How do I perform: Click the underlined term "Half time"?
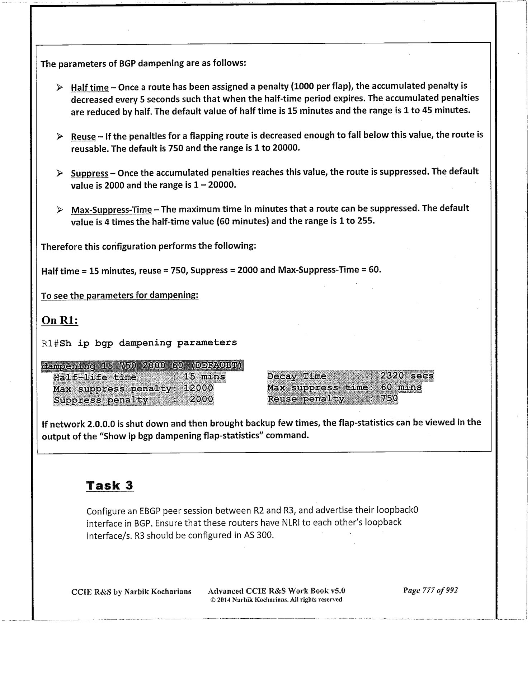coord(89,88)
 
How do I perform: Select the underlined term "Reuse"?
coord(83,137)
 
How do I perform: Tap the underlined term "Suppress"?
coord(89,174)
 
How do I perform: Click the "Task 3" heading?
coord(110,485)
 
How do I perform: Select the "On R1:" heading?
coord(60,320)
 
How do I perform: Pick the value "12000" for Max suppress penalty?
coord(198,388)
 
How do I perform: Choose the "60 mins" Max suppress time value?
coord(401,387)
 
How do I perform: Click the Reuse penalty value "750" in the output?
coord(389,398)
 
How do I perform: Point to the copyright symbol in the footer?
coord(212,600)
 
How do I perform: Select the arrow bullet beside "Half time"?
coord(60,87)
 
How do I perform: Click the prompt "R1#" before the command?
coord(50,343)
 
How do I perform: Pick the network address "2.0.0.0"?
coord(101,424)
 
